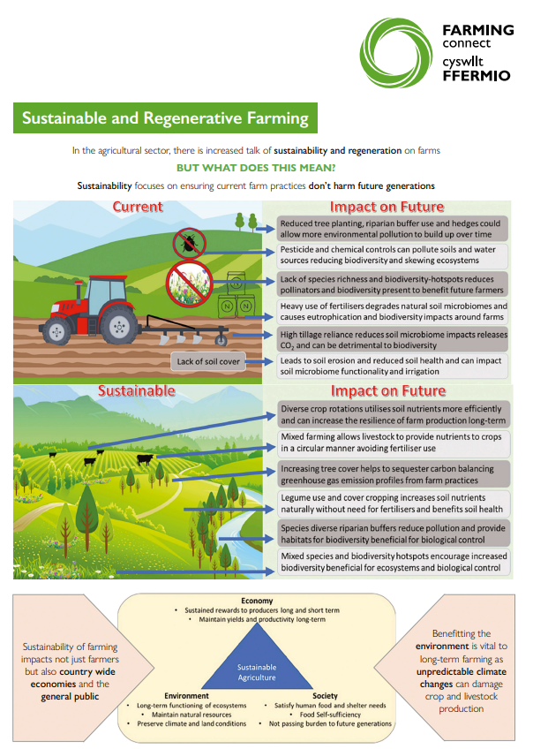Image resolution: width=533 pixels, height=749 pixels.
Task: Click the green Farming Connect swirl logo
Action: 398,51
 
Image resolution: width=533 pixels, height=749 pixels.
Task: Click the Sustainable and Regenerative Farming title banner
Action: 166,118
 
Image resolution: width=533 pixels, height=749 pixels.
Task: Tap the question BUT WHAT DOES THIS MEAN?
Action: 255,168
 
